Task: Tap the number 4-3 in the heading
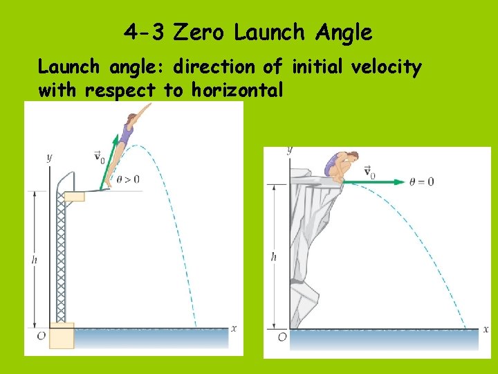146,32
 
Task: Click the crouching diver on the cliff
339,166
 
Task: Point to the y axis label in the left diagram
49,158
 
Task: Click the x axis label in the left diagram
234,328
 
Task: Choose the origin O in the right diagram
282,337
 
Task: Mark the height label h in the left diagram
35,260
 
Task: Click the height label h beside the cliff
274,256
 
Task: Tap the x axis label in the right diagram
483,329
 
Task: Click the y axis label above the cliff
289,149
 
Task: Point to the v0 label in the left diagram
98,157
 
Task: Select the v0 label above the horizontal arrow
369,171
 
